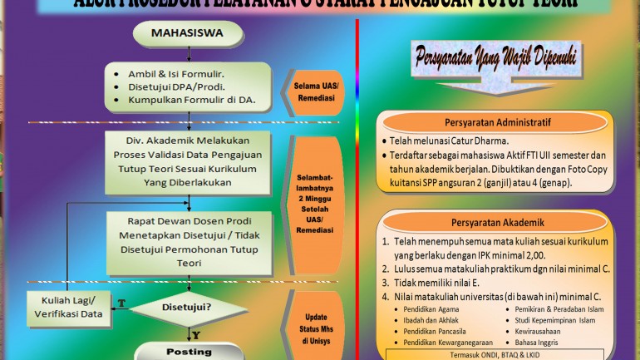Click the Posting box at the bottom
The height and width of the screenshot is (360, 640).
point(190,352)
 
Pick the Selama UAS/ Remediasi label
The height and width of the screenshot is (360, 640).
point(314,91)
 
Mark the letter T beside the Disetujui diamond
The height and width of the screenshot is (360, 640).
point(121,303)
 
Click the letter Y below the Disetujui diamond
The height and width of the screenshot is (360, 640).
point(197,334)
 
